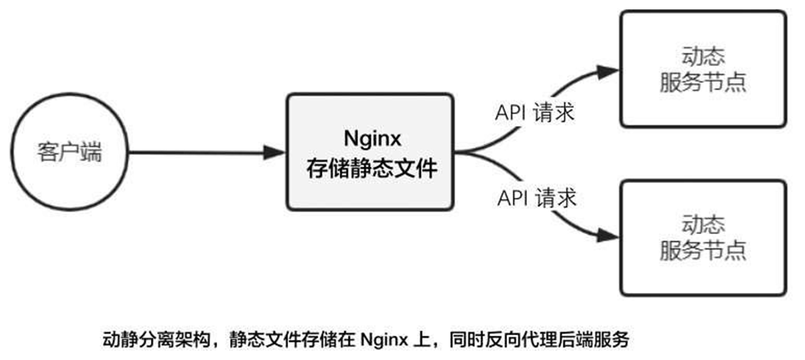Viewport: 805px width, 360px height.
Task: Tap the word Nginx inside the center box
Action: [x=370, y=136]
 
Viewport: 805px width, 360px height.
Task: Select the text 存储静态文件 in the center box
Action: [x=370, y=170]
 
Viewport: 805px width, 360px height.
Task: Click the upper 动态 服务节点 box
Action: [x=701, y=68]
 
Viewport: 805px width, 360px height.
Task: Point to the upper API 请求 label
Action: [x=535, y=113]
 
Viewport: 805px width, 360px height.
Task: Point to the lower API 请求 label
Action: [x=535, y=198]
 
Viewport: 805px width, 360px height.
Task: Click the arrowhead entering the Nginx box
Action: [x=276, y=153]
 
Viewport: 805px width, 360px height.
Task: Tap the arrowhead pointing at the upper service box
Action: [x=608, y=68]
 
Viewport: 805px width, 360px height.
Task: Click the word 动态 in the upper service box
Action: [x=702, y=56]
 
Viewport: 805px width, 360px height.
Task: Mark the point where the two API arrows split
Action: [x=468, y=153]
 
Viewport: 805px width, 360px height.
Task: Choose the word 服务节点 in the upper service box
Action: [x=702, y=82]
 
